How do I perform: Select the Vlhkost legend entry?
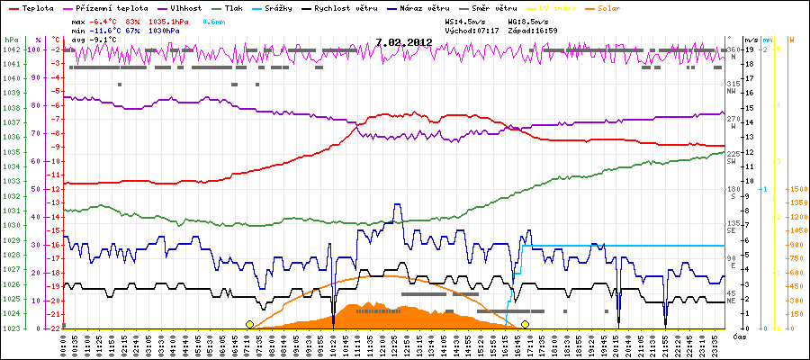coord(172,7)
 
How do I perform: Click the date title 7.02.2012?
coord(403,41)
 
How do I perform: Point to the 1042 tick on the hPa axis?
coord(10,50)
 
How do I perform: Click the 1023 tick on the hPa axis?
coord(10,328)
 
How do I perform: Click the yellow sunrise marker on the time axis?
coord(249,324)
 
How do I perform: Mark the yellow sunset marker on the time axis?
coord(525,324)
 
